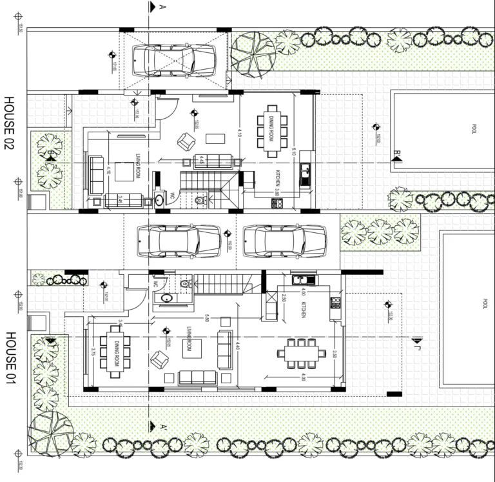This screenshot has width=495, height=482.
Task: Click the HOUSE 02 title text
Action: click(x=9, y=123)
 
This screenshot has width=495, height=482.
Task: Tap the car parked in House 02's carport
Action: click(x=173, y=59)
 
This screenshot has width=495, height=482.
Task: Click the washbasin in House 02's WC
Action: click(x=159, y=200)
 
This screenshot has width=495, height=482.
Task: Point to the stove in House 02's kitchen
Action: click(x=278, y=203)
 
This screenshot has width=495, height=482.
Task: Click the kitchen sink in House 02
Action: click(x=305, y=173)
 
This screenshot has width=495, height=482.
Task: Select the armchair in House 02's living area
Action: click(x=187, y=141)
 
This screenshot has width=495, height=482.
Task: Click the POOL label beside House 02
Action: click(x=475, y=128)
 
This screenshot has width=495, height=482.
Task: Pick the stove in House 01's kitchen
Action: click(x=335, y=302)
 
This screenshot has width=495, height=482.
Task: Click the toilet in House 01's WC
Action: click(x=186, y=283)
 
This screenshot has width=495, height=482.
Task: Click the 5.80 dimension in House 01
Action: click(x=206, y=318)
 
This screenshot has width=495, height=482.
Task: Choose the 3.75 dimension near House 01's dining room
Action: click(x=94, y=352)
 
